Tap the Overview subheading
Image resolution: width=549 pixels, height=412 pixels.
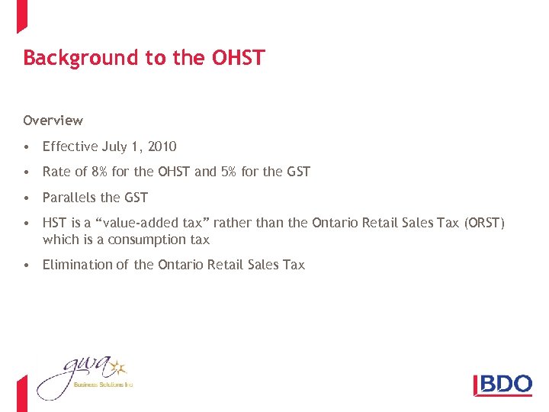pyautogui.click(x=53, y=121)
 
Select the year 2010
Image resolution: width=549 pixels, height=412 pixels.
pyautogui.click(x=161, y=146)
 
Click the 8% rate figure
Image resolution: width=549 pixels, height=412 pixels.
pyautogui.click(x=99, y=172)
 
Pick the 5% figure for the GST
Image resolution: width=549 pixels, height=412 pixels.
pyautogui.click(x=228, y=172)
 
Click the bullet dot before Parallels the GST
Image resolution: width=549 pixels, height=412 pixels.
pyautogui.click(x=27, y=198)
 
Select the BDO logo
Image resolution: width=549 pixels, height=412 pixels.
pyautogui.click(x=502, y=384)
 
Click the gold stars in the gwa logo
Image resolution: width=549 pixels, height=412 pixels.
pyautogui.click(x=118, y=368)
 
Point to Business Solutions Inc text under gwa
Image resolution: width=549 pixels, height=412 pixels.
pyautogui.click(x=103, y=385)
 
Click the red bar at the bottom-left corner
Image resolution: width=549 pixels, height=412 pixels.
pyautogui.click(x=21, y=393)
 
